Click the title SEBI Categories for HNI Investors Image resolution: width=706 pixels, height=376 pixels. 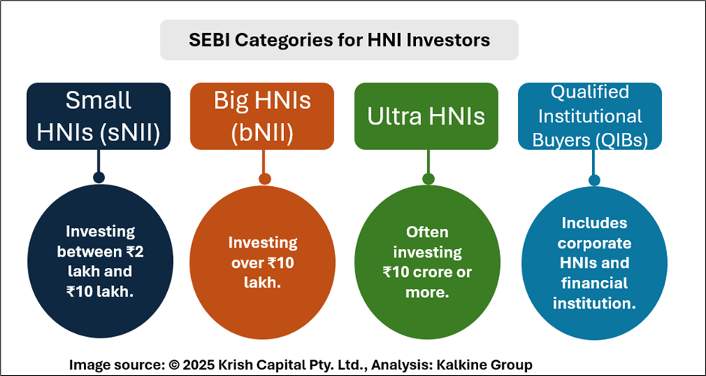click(x=339, y=40)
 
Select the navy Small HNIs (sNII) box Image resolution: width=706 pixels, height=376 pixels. click(x=99, y=116)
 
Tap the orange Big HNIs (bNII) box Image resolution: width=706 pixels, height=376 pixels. click(x=262, y=116)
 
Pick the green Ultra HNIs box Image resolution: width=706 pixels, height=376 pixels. click(x=426, y=116)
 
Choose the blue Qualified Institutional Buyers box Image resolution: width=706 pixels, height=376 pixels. click(x=590, y=116)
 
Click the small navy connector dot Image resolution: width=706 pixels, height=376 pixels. click(x=99, y=177)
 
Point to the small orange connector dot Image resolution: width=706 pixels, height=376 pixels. click(x=265, y=179)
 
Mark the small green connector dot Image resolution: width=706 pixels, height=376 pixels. click(x=428, y=179)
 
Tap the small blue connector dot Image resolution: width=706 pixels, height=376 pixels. click(x=594, y=180)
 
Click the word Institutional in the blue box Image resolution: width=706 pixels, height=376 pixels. click(x=590, y=116)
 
